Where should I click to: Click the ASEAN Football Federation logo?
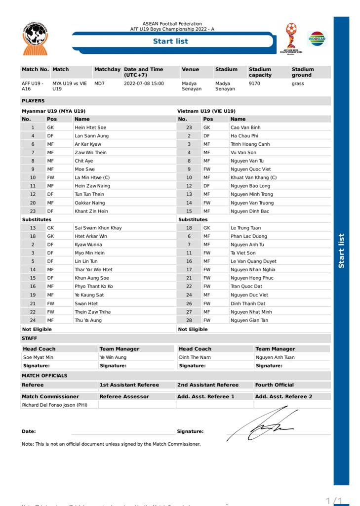click(35, 38)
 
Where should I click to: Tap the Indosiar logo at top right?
click(317, 39)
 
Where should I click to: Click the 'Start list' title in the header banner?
click(170, 41)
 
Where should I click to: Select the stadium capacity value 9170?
click(255, 84)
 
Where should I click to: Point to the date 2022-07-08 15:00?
click(144, 84)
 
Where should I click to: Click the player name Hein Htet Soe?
click(90, 127)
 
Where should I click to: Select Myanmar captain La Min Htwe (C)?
click(92, 177)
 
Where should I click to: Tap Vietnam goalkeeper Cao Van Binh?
click(245, 127)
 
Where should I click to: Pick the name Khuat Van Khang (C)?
click(253, 177)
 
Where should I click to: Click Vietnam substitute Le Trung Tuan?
click(245, 228)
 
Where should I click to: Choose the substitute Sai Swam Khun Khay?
click(98, 228)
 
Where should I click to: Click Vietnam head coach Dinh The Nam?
click(195, 357)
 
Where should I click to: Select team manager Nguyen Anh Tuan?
click(275, 357)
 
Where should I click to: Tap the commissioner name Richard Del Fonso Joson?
click(54, 405)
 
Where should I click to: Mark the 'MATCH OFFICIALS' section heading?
click(44, 376)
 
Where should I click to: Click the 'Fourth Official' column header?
click(274, 384)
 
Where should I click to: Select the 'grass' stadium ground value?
click(298, 84)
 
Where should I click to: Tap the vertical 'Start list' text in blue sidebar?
click(341, 251)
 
